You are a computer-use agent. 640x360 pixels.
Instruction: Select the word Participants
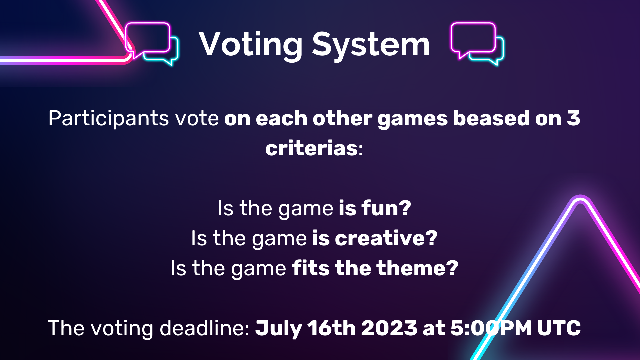click(x=109, y=119)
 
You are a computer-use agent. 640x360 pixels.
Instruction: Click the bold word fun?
click(x=386, y=208)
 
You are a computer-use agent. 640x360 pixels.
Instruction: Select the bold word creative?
click(x=386, y=238)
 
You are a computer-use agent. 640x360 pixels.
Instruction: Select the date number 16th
click(x=331, y=328)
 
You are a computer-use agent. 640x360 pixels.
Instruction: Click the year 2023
click(x=389, y=328)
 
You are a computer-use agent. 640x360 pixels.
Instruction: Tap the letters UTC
click(x=559, y=328)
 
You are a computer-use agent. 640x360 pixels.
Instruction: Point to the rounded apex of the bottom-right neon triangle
click(x=580, y=199)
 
